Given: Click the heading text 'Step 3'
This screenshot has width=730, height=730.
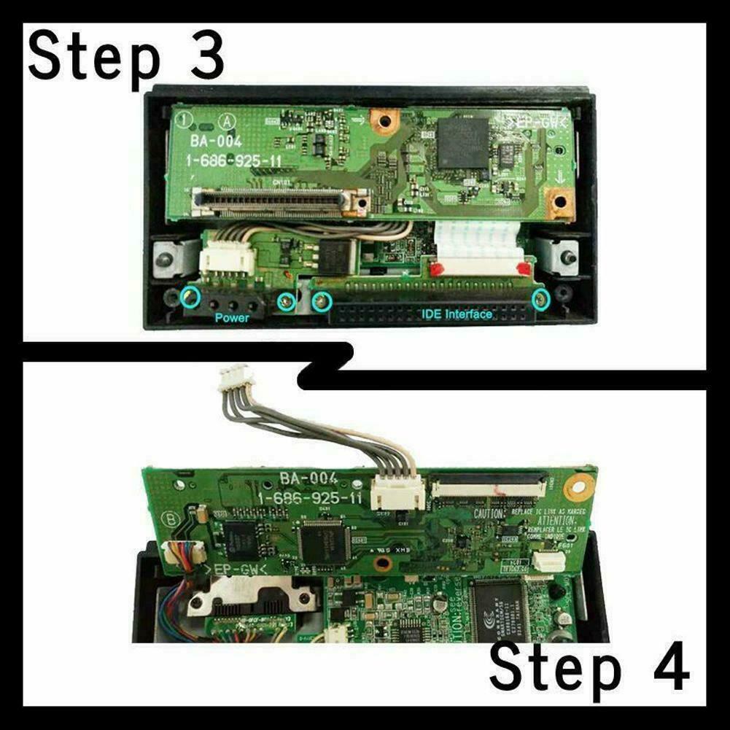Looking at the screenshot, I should (125, 57).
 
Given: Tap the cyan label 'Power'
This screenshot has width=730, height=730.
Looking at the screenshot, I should (232, 318).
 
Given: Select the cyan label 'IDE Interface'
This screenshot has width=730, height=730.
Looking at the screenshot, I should (457, 314).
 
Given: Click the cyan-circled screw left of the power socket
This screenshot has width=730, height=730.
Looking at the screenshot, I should (190, 297).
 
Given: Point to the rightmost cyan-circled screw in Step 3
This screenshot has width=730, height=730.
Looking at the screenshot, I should (540, 298).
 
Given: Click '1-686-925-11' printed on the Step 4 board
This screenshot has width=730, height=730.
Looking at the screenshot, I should (311, 497).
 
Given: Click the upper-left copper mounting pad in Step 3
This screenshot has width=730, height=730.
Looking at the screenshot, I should (381, 120).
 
